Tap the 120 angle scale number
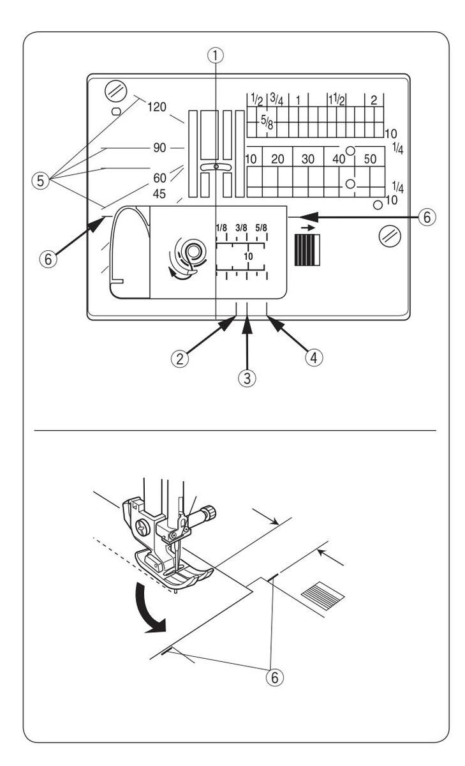coord(156,107)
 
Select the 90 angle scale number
coord(159,147)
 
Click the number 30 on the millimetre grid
coord(307,160)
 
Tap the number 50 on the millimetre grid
coord(371,160)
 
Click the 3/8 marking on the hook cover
coord(242,227)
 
